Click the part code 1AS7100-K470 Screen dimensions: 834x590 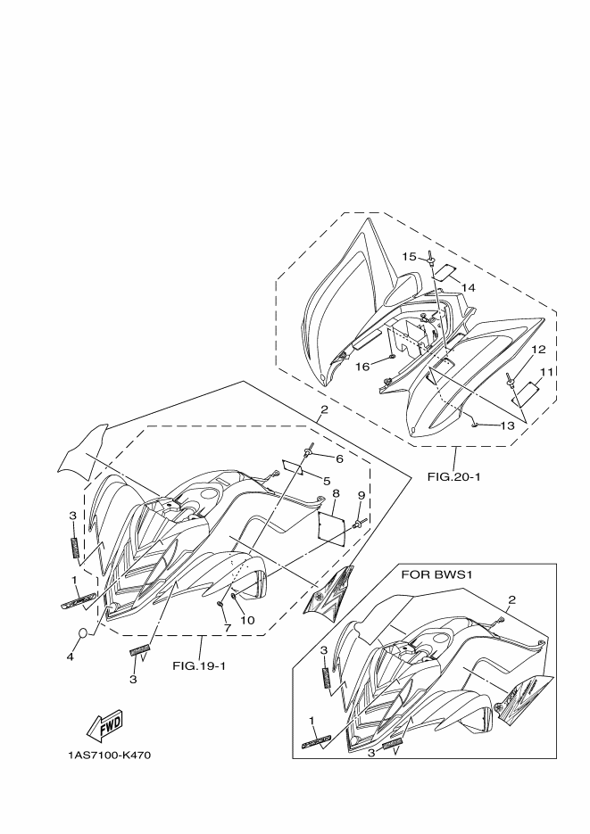pyautogui.click(x=109, y=756)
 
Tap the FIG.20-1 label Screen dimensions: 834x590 pyautogui.click(x=454, y=476)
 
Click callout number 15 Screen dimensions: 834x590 pyautogui.click(x=408, y=257)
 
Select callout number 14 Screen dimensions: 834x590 pyautogui.click(x=469, y=287)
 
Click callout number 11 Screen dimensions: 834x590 pyautogui.click(x=545, y=371)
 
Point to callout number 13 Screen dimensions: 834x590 pyautogui.click(x=506, y=426)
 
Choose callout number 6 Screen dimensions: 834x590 pyautogui.click(x=339, y=458)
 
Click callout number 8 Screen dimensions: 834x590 pyautogui.click(x=335, y=493)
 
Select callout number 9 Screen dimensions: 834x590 pyautogui.click(x=361, y=495)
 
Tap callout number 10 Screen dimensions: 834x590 pyautogui.click(x=247, y=620)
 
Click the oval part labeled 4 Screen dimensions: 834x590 pyautogui.click(x=81, y=634)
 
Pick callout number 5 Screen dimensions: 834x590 pyautogui.click(x=313, y=480)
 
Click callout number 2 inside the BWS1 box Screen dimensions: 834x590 pyautogui.click(x=511, y=599)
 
